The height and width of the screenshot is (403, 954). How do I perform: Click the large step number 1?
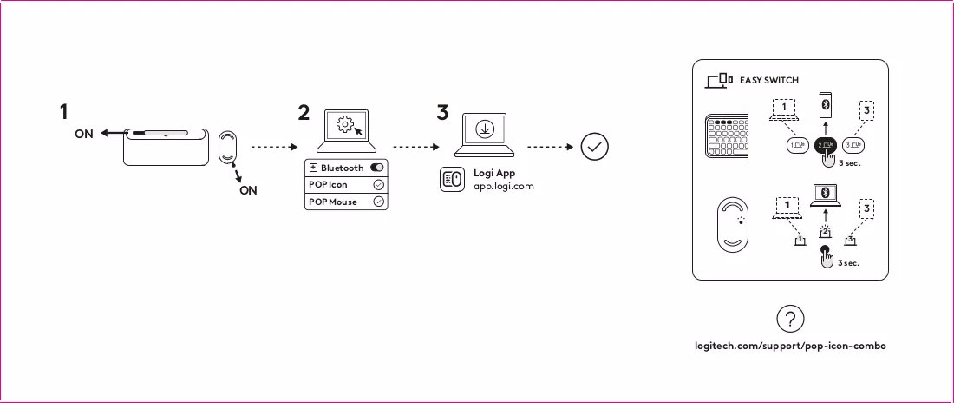coord(64,112)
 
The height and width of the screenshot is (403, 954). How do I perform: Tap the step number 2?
coord(304,112)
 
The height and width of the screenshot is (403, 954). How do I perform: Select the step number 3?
coord(442,112)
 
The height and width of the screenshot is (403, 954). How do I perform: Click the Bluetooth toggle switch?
coord(376,168)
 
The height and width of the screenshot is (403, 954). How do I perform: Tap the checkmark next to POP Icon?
coord(378,185)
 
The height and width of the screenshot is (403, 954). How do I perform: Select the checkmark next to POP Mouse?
coord(378,201)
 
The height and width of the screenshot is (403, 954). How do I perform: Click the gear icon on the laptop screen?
coord(344,125)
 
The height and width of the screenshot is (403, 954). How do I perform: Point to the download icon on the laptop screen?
coord(485,129)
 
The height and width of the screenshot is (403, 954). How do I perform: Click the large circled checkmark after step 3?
coord(594,147)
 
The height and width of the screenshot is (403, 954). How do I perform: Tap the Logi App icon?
coord(452,179)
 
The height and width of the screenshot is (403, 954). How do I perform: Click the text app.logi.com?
coord(504,186)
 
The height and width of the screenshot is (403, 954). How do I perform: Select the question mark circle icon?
coord(790,319)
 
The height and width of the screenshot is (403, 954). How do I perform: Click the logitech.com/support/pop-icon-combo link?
coord(790,346)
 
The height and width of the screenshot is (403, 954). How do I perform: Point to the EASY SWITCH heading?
coord(769,80)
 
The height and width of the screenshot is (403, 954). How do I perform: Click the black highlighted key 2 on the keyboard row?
coord(826,145)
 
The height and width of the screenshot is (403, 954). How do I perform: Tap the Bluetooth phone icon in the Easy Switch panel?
coord(826,105)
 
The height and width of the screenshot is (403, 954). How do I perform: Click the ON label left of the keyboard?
coord(84,134)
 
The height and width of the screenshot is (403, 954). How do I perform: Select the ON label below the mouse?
coord(248,190)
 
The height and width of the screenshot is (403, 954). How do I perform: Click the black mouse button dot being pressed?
coord(825,248)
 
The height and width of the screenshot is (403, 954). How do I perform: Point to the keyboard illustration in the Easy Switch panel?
coord(727,139)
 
